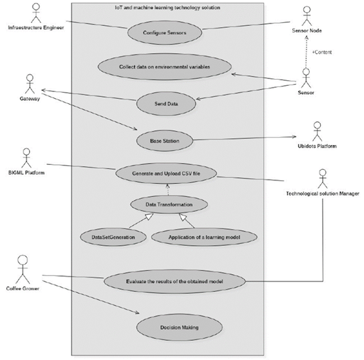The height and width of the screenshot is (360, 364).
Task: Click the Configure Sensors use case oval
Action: (165, 33)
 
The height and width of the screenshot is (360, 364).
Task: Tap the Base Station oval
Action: (165, 140)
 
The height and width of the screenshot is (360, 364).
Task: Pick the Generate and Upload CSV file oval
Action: (166, 174)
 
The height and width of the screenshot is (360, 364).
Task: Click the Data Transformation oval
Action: (169, 205)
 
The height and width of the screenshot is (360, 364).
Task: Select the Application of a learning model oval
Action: (204, 237)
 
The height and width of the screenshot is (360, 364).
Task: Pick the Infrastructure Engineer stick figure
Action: (36, 12)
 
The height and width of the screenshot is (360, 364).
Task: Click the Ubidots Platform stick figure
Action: (317, 131)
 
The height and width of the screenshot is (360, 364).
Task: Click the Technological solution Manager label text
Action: (322, 193)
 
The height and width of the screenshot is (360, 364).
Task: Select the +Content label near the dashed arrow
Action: (322, 52)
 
